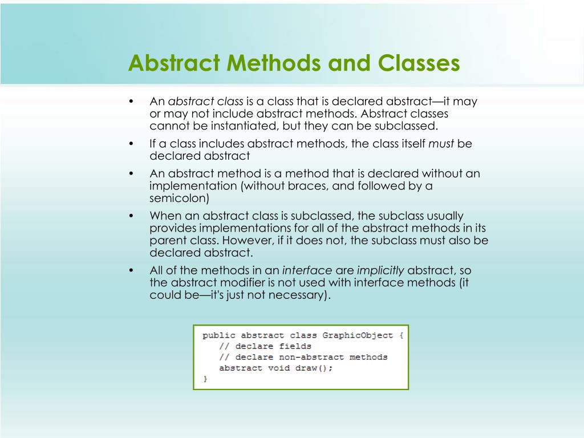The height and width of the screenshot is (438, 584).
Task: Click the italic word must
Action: [441, 144]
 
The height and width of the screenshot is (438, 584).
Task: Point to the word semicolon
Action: [180, 198]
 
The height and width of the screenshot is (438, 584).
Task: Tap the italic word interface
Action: [307, 270]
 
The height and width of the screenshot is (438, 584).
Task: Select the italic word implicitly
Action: [380, 270]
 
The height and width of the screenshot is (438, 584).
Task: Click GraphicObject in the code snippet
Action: [358, 335]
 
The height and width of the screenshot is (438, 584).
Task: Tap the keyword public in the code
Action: [219, 335]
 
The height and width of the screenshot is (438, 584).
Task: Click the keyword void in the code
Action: [278, 368]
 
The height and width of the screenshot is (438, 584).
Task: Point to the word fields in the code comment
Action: [295, 346]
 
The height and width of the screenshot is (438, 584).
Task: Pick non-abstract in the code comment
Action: [311, 357]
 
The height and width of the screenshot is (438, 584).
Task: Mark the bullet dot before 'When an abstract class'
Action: [131, 216]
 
